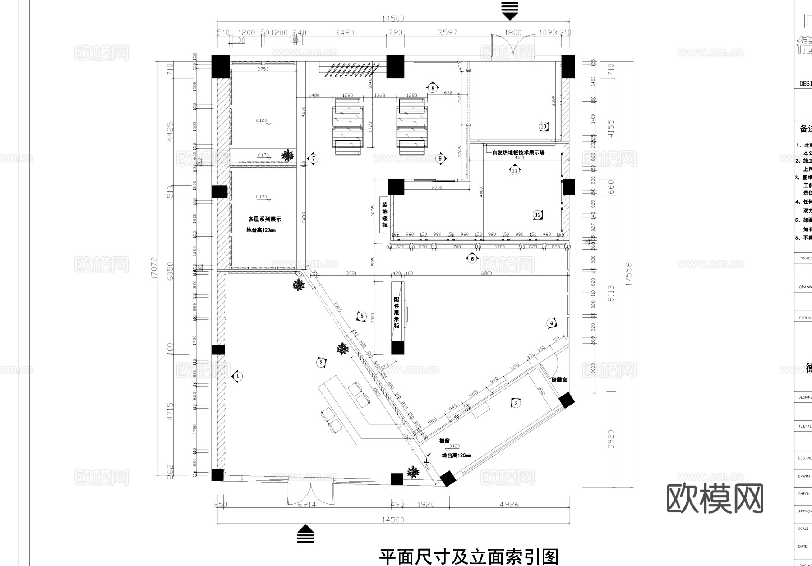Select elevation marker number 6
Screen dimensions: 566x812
[472, 258]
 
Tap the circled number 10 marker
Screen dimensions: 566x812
[544, 126]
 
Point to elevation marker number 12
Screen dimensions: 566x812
[538, 215]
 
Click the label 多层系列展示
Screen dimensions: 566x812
[265, 219]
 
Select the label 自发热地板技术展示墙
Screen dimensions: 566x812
[518, 152]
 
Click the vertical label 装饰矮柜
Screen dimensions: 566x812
[385, 215]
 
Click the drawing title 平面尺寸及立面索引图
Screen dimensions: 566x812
[469, 557]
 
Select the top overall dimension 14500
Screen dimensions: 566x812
[393, 18]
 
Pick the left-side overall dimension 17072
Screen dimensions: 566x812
[155, 268]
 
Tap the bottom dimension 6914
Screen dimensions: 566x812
[307, 505]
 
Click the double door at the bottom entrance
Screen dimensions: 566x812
[311, 493]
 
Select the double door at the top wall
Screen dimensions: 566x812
[512, 46]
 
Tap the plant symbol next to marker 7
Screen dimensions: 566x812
[287, 156]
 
